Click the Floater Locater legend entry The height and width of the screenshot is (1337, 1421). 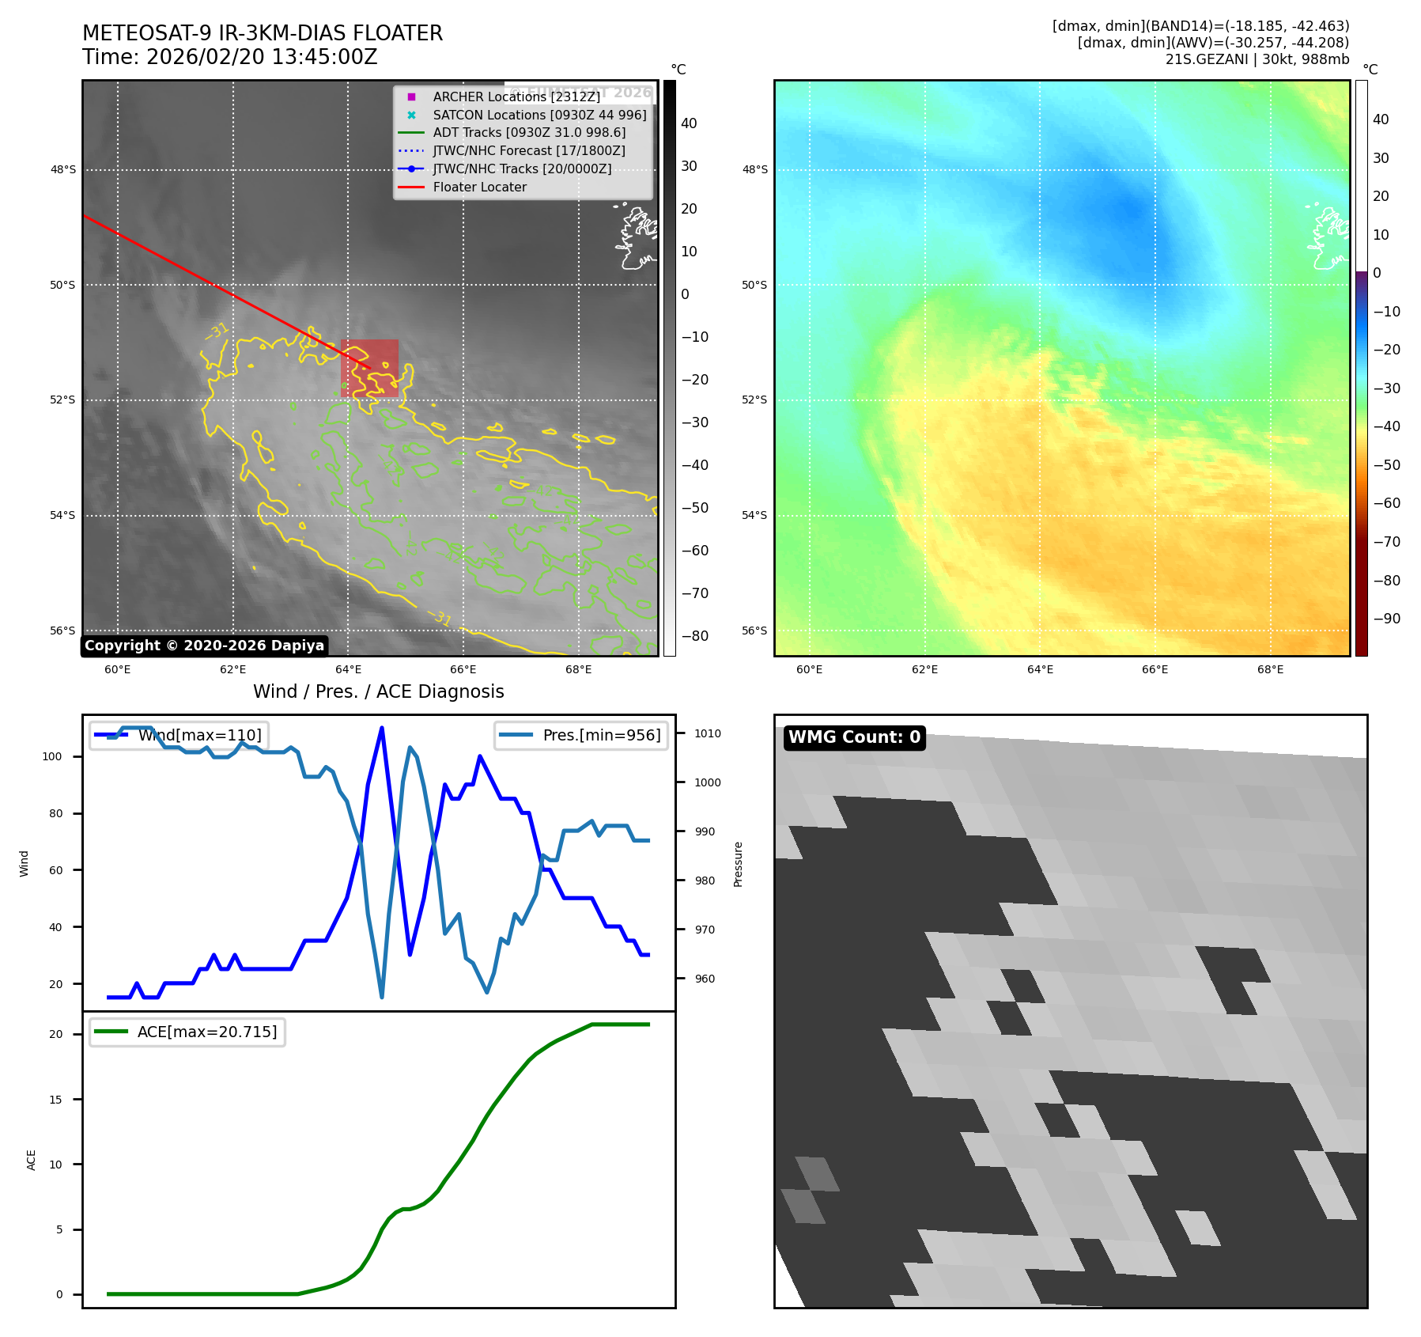(479, 187)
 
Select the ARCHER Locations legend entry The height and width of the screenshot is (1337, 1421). (516, 97)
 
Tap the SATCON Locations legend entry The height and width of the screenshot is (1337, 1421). (539, 115)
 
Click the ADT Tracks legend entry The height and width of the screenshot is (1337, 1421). (529, 133)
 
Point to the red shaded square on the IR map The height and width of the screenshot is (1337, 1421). (369, 368)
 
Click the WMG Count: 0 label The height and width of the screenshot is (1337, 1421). (854, 737)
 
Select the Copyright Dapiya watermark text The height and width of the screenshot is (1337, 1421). (204, 646)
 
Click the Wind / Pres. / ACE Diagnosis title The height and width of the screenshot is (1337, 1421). (378, 691)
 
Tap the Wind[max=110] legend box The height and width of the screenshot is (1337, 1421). (179, 735)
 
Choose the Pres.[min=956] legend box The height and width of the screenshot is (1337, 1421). (581, 735)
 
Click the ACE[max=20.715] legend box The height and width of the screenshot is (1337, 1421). (187, 1032)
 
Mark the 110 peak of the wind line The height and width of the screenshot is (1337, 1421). (382, 728)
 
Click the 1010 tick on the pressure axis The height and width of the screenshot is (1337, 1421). (707, 733)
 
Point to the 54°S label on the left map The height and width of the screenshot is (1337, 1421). (62, 516)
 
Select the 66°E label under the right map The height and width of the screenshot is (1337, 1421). (1155, 669)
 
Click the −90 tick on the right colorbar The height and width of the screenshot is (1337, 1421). (1386, 619)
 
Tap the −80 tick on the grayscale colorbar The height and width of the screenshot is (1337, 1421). (694, 636)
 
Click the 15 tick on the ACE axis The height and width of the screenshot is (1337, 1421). (55, 1100)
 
